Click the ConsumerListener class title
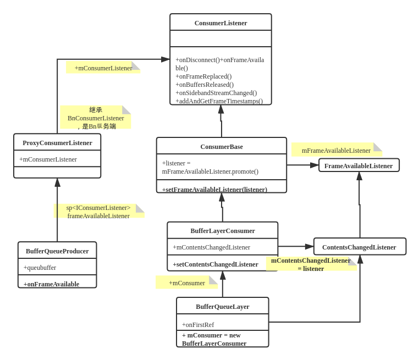coord(220,23)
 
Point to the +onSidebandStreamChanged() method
coord(216,93)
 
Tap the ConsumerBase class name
coord(222,147)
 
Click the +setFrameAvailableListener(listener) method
coord(214,190)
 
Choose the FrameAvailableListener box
coord(359,166)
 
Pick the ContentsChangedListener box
coord(359,247)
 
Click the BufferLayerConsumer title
coord(223,231)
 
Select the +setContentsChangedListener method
coord(216,264)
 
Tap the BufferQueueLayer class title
coord(223,307)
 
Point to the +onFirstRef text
coord(198,325)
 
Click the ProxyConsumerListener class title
coord(57,143)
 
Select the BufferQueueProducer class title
coord(57,251)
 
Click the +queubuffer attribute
coord(40,268)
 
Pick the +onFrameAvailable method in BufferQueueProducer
coord(51,284)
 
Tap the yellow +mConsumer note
coord(186,283)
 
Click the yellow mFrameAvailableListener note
coord(336,150)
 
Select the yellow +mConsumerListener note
coord(103,68)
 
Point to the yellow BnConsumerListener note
coord(95,117)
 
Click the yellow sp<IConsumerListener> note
coord(98,211)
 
